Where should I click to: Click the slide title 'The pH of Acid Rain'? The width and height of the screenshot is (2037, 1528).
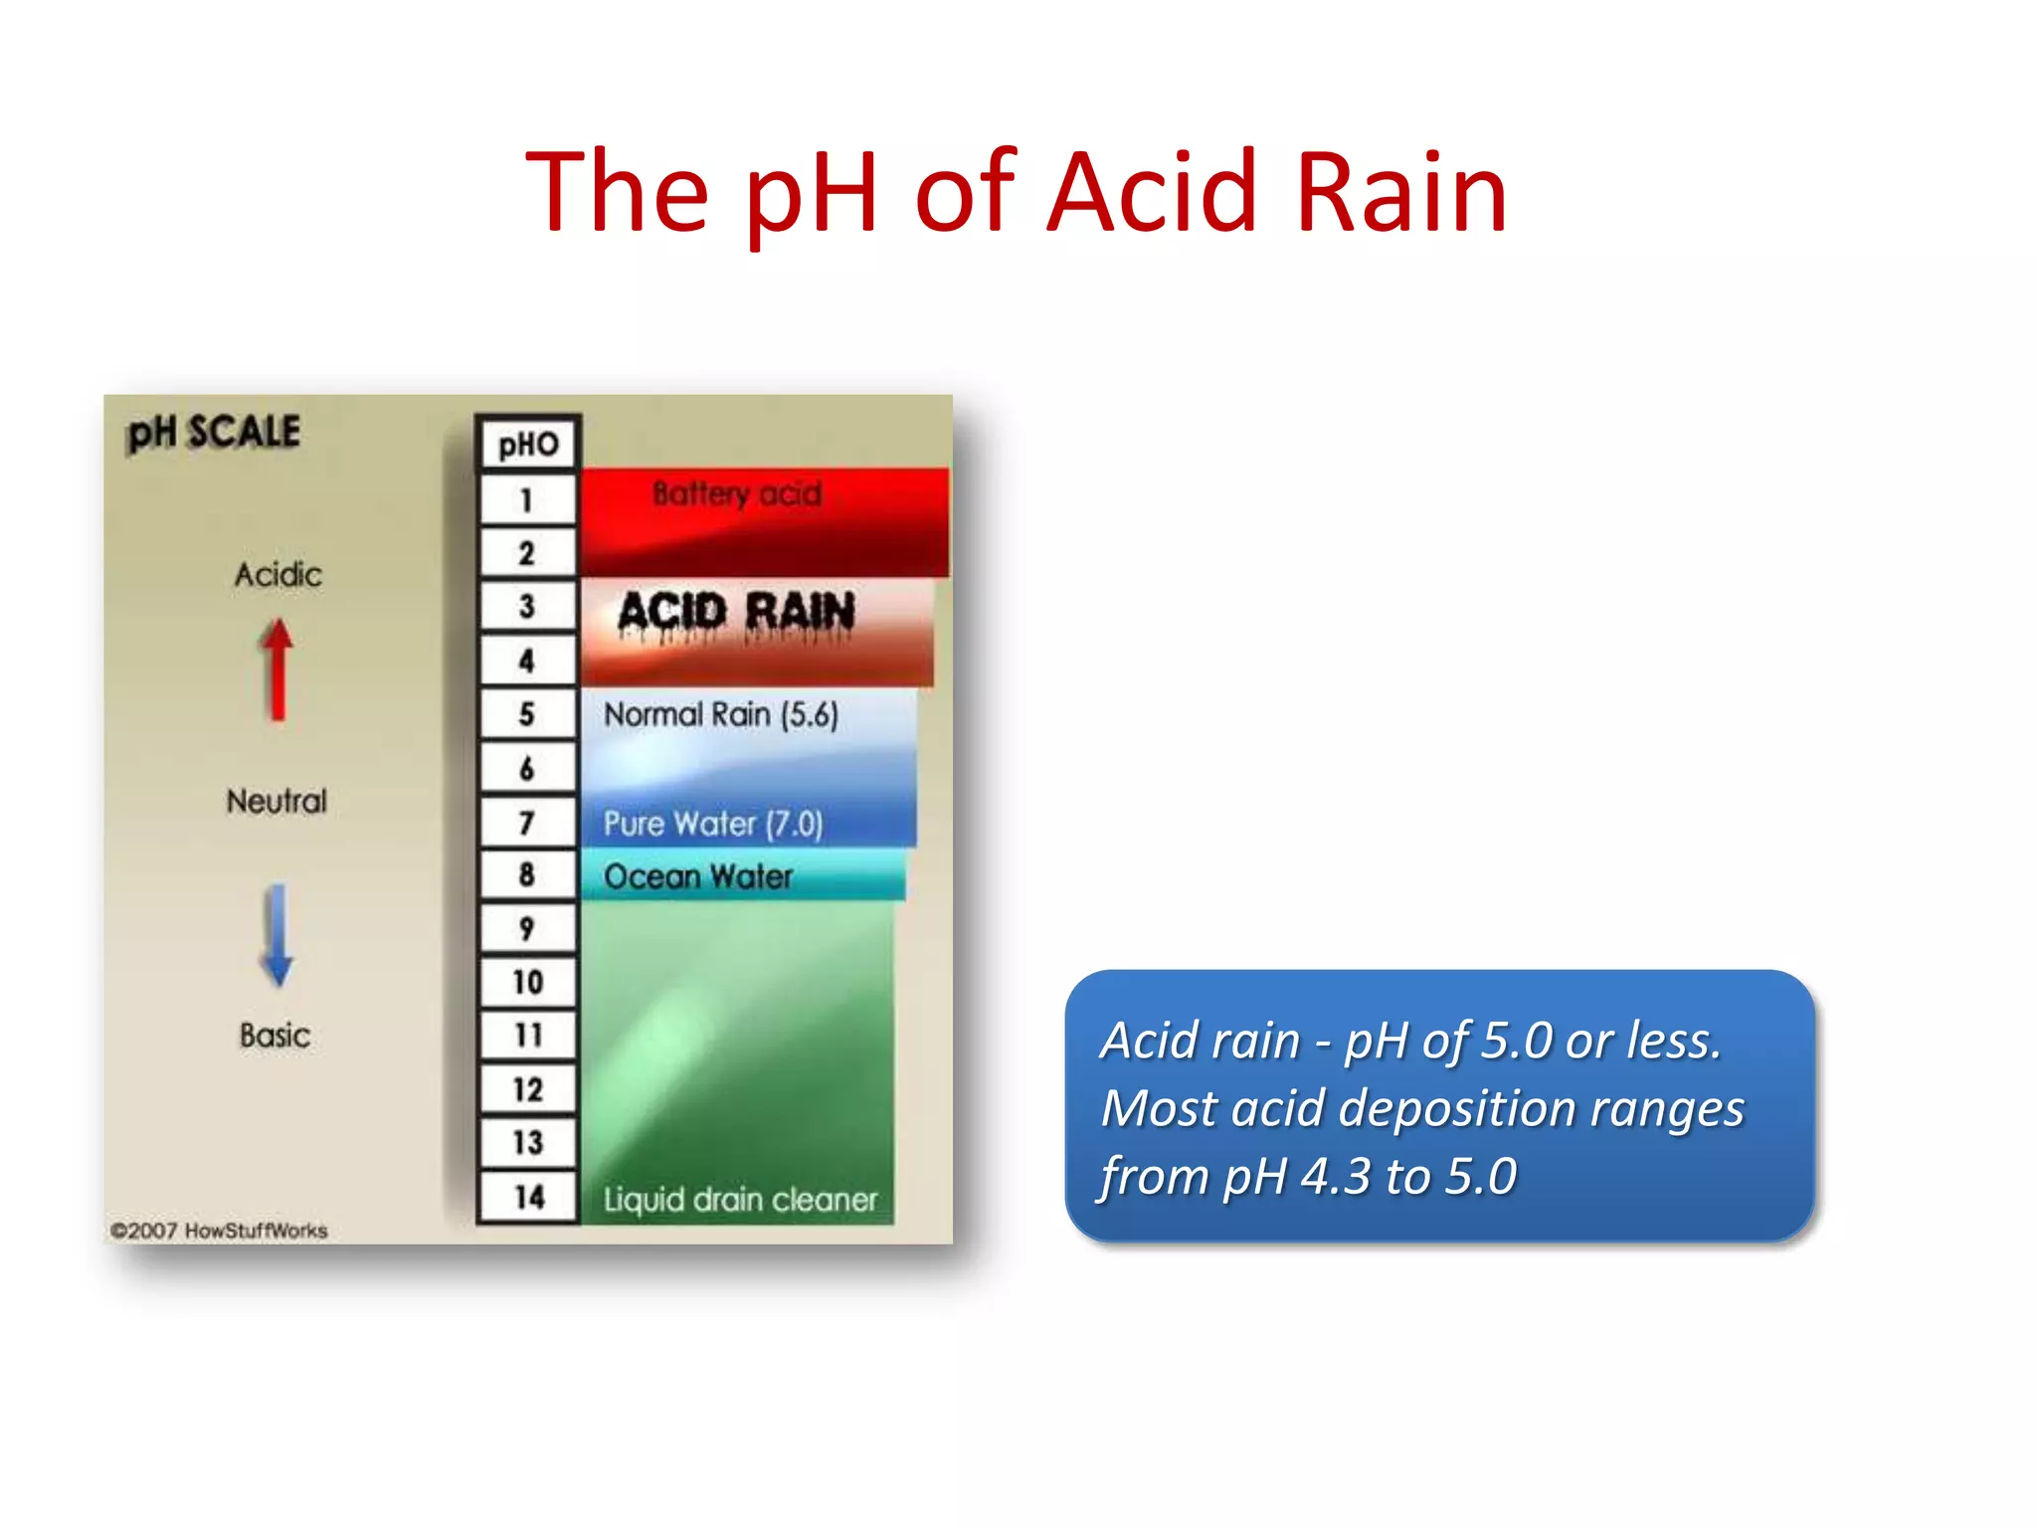(1017, 191)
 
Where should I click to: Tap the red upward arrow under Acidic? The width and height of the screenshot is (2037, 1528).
(278, 668)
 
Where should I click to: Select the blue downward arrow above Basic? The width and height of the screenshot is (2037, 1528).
(278, 935)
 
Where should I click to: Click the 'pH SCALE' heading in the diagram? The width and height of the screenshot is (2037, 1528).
(214, 433)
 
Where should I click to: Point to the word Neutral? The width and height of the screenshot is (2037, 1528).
(277, 801)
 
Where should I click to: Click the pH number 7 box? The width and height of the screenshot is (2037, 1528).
(527, 823)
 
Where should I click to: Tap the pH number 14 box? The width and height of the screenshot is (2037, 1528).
(528, 1196)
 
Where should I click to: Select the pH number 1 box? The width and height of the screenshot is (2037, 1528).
(527, 499)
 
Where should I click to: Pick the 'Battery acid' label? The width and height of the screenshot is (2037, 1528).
(737, 493)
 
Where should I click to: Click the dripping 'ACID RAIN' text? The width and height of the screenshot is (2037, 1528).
(736, 613)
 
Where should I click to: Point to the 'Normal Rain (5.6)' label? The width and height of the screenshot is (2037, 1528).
(721, 714)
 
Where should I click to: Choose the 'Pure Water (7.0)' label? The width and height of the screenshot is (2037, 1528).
(713, 824)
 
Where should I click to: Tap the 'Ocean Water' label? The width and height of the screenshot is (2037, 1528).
(698, 876)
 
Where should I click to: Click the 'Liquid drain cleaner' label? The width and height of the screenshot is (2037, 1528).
(741, 1200)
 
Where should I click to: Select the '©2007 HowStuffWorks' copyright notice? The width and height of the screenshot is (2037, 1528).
(219, 1231)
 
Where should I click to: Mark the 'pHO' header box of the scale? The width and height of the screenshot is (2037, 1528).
(528, 444)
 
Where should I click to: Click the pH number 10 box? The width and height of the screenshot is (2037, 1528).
(528, 983)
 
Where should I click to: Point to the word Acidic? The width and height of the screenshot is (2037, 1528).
(278, 575)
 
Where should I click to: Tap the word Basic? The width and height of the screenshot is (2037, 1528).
(276, 1036)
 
